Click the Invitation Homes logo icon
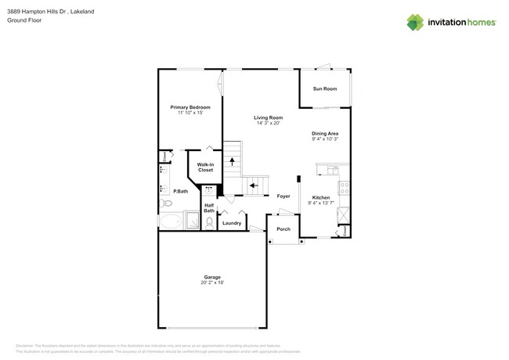point(415,22)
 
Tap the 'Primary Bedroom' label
point(190,107)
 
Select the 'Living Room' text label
point(268,117)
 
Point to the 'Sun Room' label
point(324,89)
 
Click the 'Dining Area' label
point(324,134)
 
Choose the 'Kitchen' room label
point(321,197)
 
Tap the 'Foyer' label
point(283,196)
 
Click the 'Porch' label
point(283,229)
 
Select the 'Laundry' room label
point(232,223)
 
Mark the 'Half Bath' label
point(209,208)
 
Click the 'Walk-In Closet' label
point(205,167)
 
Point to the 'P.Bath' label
point(181,191)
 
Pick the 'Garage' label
point(212,277)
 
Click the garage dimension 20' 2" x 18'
point(212,283)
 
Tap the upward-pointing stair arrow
point(232,161)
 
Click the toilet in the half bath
point(209,222)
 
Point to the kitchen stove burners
point(343,187)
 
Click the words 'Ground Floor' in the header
point(23,20)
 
